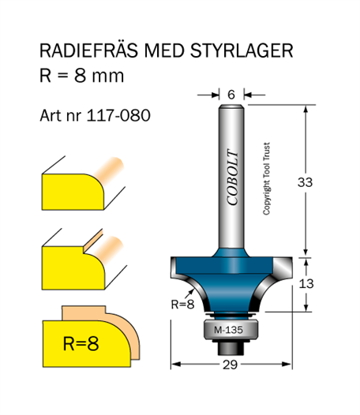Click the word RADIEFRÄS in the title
(x=89, y=50)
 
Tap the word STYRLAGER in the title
(x=242, y=50)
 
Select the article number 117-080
(x=118, y=115)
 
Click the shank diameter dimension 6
(x=231, y=95)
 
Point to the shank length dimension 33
(x=305, y=182)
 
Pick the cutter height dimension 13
(x=306, y=284)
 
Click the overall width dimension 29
(x=230, y=365)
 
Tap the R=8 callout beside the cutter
(x=183, y=305)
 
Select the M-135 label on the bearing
(x=228, y=330)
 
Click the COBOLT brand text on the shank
(x=233, y=177)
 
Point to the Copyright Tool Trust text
(x=266, y=178)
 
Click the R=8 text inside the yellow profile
(x=81, y=343)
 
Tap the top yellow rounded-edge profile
(x=73, y=192)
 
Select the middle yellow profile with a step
(x=73, y=267)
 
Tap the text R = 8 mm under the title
(x=81, y=76)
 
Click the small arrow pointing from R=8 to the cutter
(x=190, y=293)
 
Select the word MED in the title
(x=164, y=50)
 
